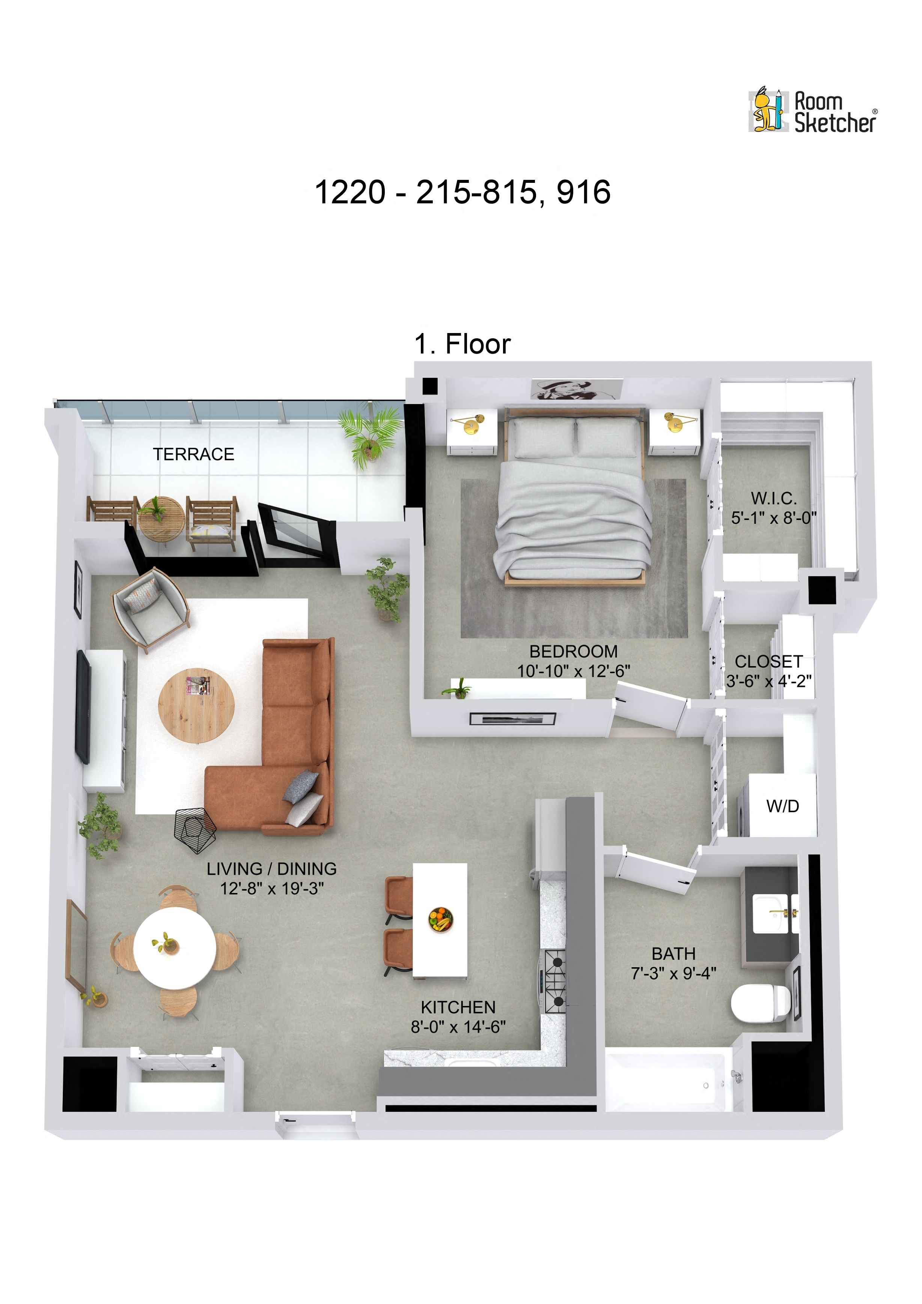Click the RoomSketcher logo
[x=812, y=111]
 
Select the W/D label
[x=782, y=806]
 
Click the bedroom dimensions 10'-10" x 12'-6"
[x=573, y=671]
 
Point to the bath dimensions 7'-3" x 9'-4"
[x=673, y=974]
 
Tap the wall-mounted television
[x=83, y=707]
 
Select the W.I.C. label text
[x=774, y=498]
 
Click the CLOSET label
[x=769, y=662]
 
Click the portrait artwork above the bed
[x=576, y=390]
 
